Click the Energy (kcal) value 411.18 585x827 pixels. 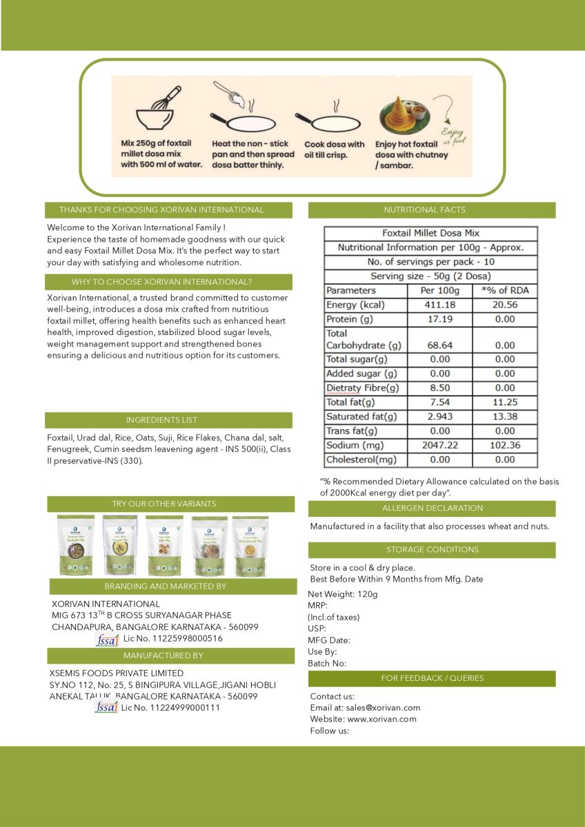(439, 305)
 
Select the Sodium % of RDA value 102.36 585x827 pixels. (504, 445)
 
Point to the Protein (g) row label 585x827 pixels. (351, 319)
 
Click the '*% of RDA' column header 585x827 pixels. (504, 290)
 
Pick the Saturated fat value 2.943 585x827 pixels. (439, 416)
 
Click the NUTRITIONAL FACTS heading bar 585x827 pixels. (431, 210)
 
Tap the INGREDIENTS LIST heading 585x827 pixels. (169, 420)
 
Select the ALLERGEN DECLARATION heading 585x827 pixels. (432, 509)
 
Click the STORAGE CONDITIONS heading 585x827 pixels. (432, 550)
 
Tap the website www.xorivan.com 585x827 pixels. (381, 719)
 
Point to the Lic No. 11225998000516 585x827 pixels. (173, 639)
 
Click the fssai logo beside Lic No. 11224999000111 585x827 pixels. (106, 708)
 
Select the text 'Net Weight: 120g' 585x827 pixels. (343, 594)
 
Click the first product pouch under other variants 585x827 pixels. (75, 544)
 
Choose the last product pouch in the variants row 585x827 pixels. (250, 546)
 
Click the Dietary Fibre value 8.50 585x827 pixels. (439, 388)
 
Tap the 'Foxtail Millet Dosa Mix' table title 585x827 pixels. (430, 234)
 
